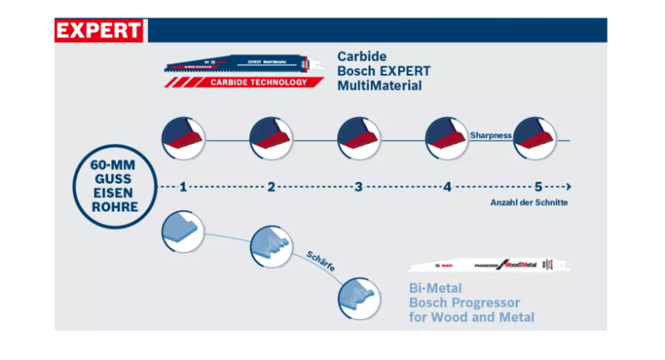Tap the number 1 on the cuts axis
tap(182, 187)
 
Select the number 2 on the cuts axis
tap(271, 187)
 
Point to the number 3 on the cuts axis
tap(358, 187)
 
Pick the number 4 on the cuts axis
tap(446, 187)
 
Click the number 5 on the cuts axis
tap(538, 187)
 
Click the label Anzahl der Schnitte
tap(528, 204)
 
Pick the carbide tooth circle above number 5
tap(534, 137)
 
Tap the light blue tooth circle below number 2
tap(271, 245)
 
